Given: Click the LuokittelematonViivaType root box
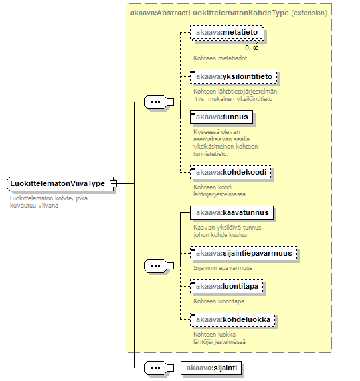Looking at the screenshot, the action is [x=60, y=183].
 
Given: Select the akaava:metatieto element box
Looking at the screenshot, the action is [x=226, y=33].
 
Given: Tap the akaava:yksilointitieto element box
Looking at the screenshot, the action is [x=234, y=77].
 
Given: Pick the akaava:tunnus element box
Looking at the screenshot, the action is [x=221, y=117].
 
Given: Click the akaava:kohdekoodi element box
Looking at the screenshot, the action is [x=230, y=173].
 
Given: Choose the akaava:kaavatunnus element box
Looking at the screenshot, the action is [x=232, y=212].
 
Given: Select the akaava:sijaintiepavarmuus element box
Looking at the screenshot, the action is [x=243, y=253].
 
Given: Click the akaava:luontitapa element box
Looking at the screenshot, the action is [x=226, y=287].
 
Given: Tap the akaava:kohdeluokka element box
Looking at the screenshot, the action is [x=232, y=319].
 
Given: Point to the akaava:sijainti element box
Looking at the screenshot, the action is [x=211, y=368].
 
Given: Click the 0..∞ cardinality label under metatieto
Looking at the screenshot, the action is [x=252, y=48].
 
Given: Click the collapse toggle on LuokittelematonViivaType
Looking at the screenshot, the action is [x=113, y=183].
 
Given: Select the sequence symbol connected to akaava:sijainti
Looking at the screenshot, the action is [x=155, y=368].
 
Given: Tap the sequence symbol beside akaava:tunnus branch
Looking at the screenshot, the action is [x=155, y=102].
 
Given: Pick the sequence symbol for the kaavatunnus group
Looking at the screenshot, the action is [x=155, y=266].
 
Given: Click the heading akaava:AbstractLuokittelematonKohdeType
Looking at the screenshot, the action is [x=209, y=13].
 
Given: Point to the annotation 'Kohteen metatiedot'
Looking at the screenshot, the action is [x=221, y=58].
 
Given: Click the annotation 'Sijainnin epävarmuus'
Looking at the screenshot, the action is [x=223, y=268].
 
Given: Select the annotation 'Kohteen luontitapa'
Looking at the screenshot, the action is [x=219, y=301].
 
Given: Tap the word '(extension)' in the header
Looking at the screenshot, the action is [x=310, y=13].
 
